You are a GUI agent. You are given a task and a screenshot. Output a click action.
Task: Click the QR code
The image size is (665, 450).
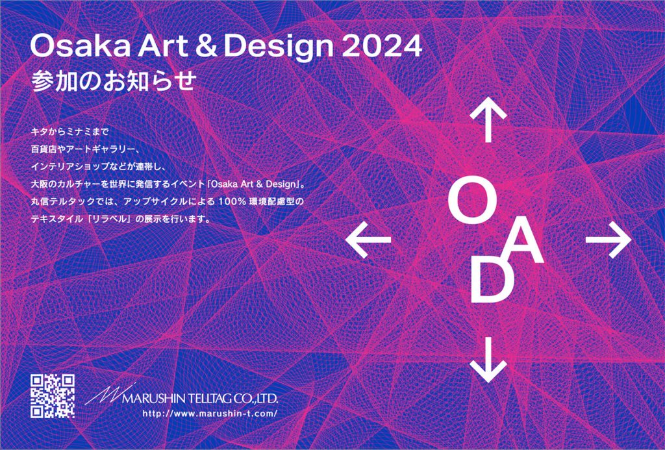click(x=53, y=396)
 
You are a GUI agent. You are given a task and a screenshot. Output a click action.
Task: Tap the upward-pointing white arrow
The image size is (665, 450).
click(x=488, y=119)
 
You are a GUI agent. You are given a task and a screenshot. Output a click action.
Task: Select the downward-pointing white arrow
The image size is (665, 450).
click(x=488, y=360)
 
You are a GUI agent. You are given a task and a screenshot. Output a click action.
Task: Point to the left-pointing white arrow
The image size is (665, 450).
click(x=368, y=240)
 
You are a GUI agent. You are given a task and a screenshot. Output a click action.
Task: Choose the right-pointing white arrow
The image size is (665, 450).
click(x=609, y=240)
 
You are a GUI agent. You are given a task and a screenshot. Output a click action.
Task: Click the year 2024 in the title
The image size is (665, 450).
click(x=382, y=46)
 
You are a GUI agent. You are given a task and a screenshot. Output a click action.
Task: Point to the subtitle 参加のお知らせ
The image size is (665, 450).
click(x=113, y=80)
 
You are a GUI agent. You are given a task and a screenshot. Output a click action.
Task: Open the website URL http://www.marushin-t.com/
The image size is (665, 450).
click(x=210, y=414)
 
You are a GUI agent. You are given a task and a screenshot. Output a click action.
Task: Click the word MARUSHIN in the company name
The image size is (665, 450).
click(x=162, y=399)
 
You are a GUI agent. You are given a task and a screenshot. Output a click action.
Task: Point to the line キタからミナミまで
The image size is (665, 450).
click(x=70, y=132)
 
